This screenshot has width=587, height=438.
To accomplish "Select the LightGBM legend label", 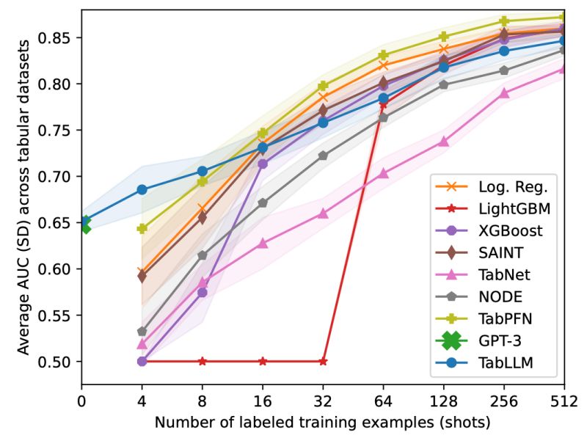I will [x=514, y=208].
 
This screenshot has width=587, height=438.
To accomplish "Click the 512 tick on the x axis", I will [x=563, y=401].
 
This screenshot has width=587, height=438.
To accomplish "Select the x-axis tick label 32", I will [x=323, y=401].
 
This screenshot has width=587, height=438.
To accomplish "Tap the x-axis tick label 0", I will [x=81, y=401].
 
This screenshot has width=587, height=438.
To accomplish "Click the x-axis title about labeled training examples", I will [x=322, y=423].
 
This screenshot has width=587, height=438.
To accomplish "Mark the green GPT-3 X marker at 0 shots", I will [x=83, y=227].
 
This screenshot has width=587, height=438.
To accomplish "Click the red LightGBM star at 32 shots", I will [x=323, y=362].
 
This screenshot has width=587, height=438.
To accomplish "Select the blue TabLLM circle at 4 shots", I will [x=142, y=190].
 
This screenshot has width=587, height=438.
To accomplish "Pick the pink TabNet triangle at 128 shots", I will [x=443, y=142].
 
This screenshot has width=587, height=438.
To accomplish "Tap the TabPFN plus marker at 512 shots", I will [x=563, y=18].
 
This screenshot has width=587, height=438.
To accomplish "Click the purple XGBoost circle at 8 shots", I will [x=202, y=292].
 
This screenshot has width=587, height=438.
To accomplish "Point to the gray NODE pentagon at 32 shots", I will [x=323, y=156].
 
